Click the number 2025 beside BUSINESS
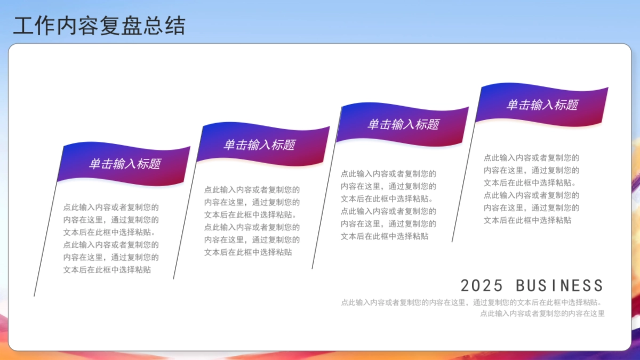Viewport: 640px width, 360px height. (482, 285)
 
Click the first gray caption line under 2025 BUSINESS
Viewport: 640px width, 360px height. (473, 302)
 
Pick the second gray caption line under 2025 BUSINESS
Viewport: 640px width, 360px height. (542, 314)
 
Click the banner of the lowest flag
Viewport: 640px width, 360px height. (125, 164)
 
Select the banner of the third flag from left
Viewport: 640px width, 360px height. (403, 124)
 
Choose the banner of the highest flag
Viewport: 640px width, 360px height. (542, 105)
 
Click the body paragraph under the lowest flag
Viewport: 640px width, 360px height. (111, 238)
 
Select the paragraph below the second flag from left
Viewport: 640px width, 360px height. (252, 220)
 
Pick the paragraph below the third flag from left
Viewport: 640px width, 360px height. (388, 205)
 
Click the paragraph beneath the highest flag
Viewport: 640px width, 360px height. (531, 189)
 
